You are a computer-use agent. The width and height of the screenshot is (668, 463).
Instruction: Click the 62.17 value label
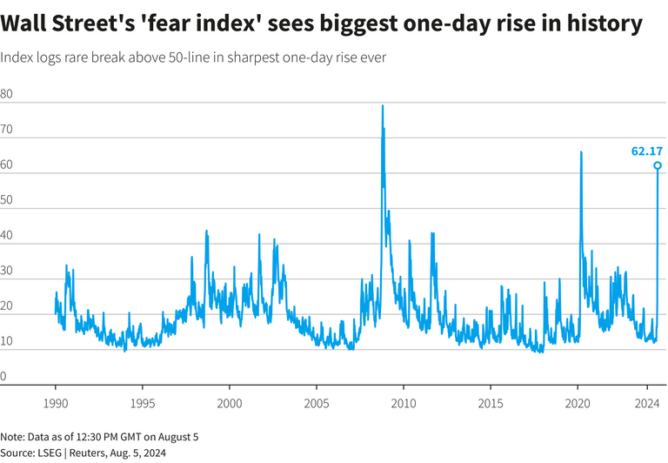tap(646, 151)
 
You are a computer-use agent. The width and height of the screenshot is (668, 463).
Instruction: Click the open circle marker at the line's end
tap(658, 165)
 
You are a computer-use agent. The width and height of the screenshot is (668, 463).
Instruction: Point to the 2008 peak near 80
tap(382, 106)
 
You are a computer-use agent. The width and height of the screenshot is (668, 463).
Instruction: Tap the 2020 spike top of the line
tap(580, 152)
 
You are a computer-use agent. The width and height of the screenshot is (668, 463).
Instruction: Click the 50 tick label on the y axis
tap(7, 200)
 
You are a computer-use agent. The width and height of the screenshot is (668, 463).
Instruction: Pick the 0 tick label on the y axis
tap(4, 377)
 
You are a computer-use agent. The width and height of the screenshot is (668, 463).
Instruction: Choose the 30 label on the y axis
tap(7, 271)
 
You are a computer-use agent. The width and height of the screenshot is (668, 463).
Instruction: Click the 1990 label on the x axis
tap(56, 404)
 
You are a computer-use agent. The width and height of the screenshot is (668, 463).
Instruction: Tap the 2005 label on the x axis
tap(317, 404)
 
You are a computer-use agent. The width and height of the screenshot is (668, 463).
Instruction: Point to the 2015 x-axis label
tap(491, 404)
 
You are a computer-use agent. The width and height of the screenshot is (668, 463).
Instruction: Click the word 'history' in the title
tap(600, 23)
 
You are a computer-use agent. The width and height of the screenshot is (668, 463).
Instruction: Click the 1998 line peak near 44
tap(206, 231)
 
